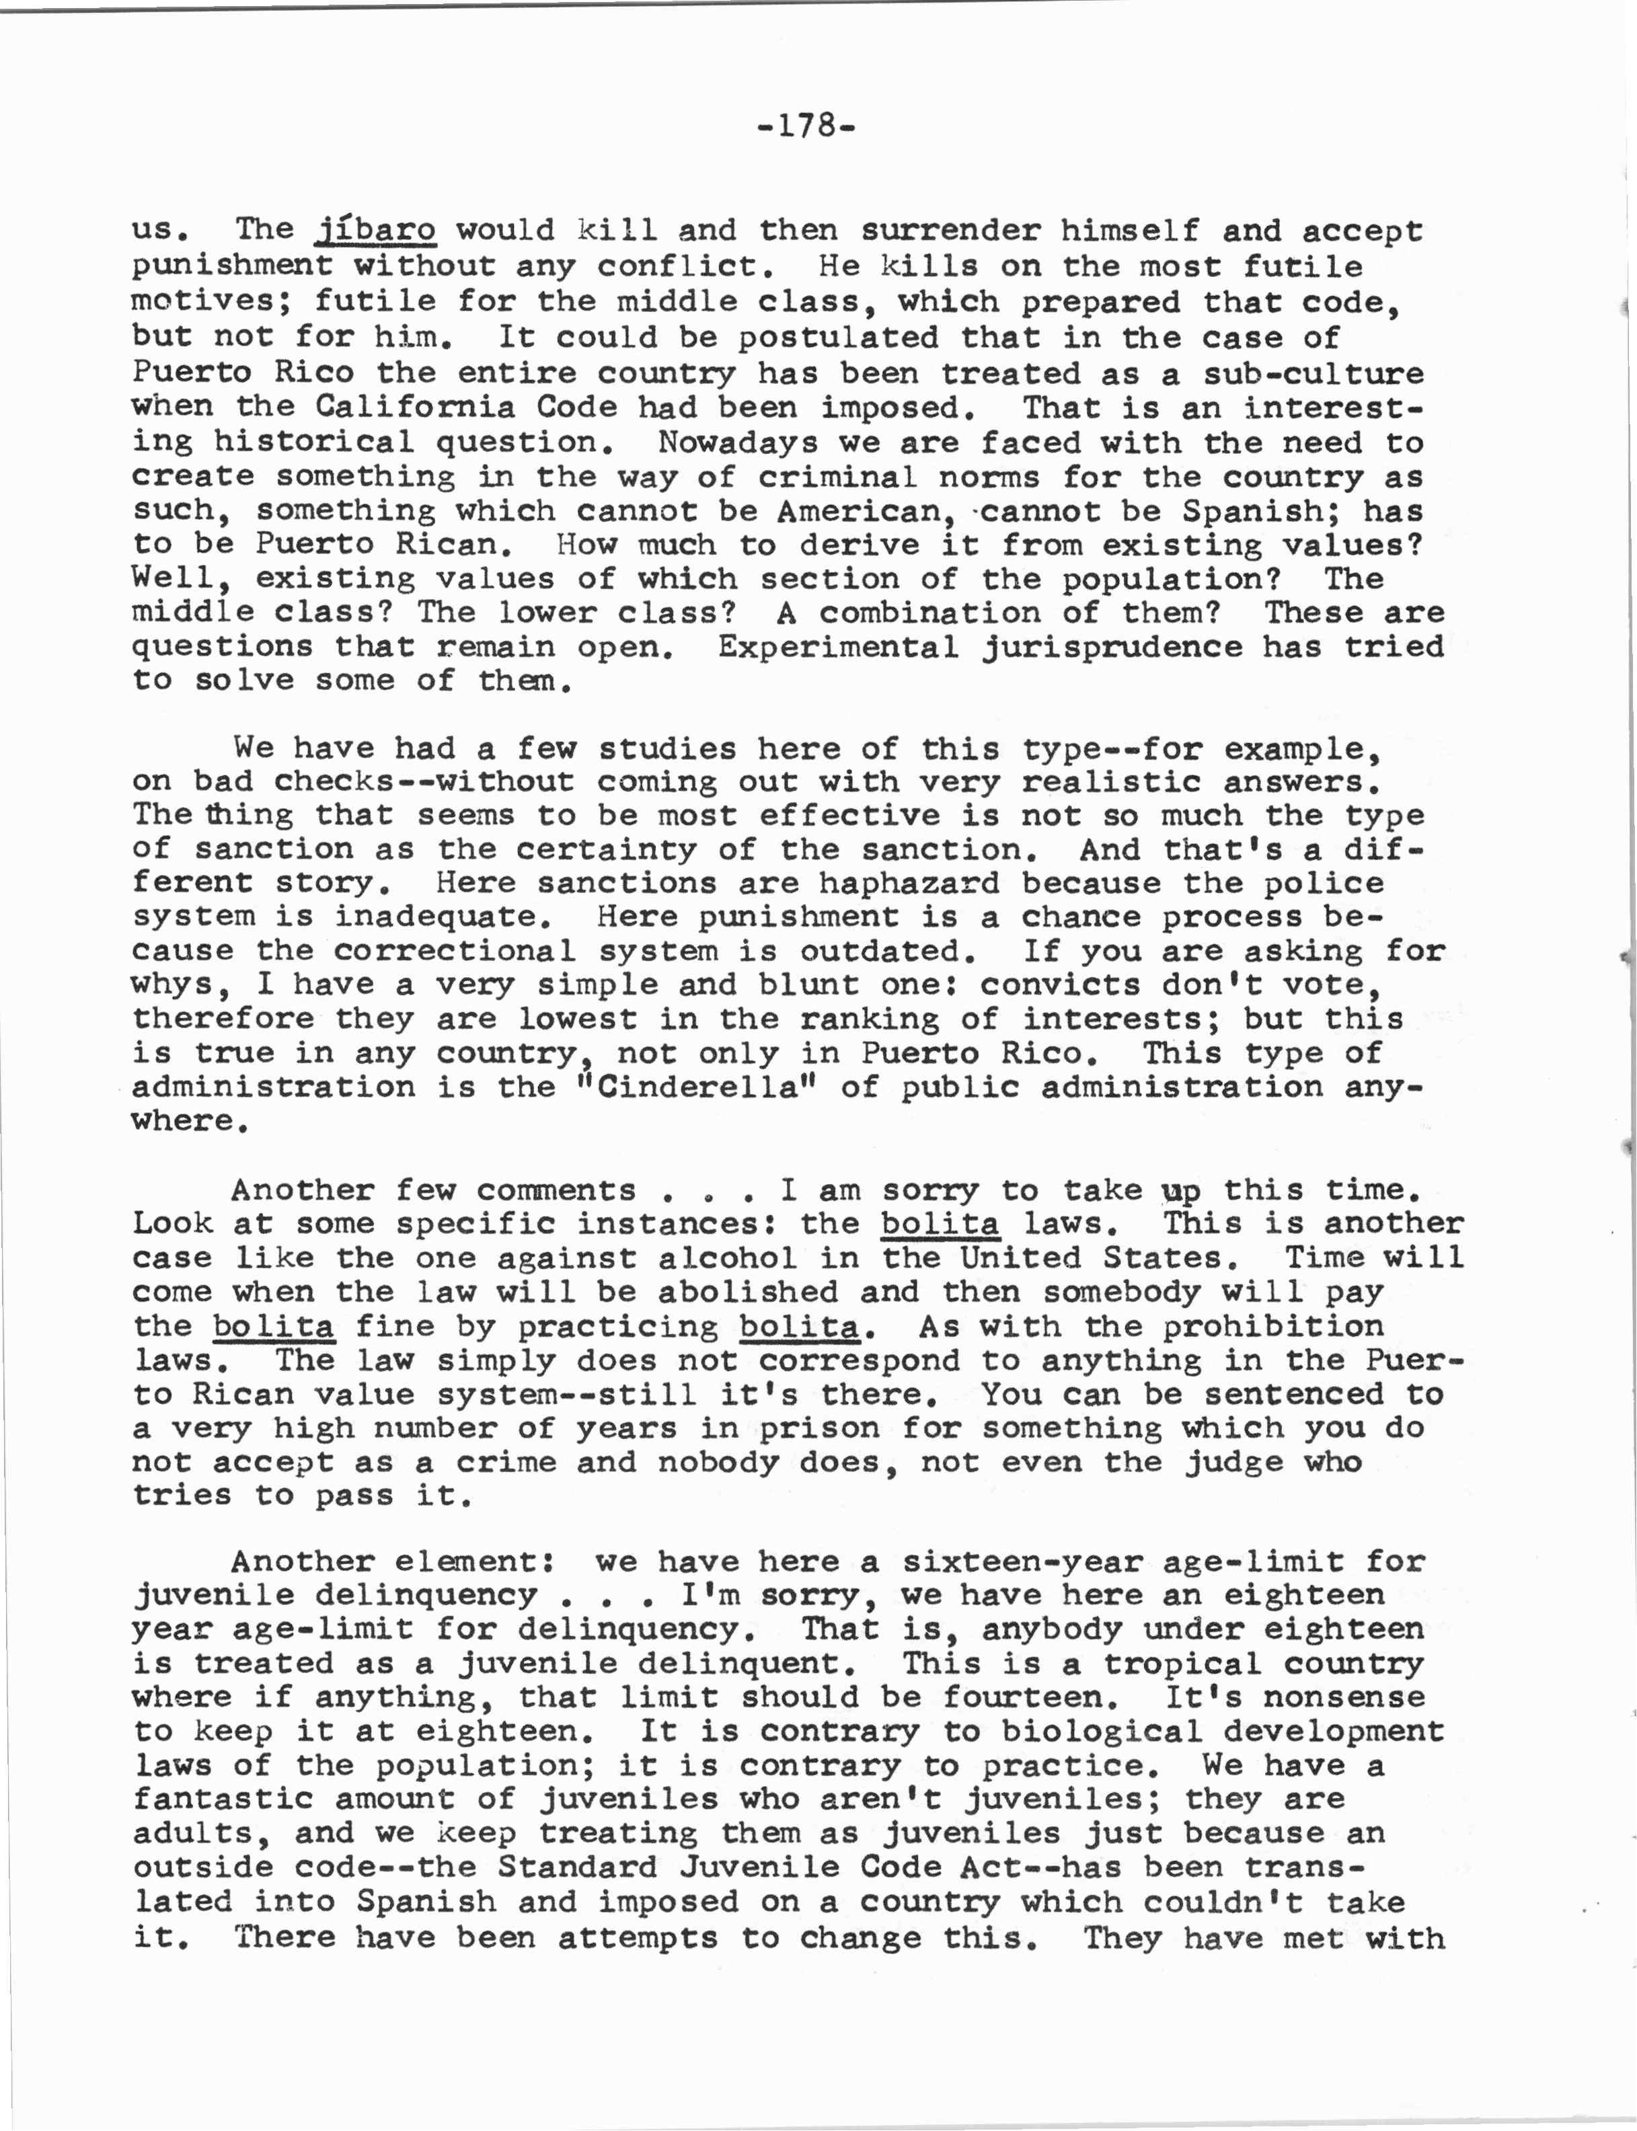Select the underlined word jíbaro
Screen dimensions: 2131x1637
pyautogui.click(x=376, y=231)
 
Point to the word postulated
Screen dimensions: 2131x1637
pyautogui.click(x=838, y=338)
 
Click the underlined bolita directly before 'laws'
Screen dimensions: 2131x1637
pyautogui.click(x=940, y=1224)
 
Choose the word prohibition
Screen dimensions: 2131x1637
pyautogui.click(x=1272, y=1326)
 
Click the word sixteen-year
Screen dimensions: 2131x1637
pyautogui.click(x=1021, y=1562)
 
